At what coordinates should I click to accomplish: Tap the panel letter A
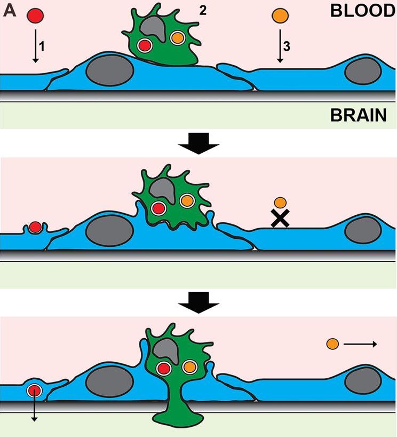point(9,11)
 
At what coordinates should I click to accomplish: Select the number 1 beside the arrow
point(43,46)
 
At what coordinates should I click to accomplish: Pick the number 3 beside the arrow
point(287,46)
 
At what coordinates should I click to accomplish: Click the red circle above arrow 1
point(35,15)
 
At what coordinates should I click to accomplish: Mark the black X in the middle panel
point(280,219)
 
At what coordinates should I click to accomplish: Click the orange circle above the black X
point(280,202)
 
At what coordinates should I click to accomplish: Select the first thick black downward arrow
point(198,143)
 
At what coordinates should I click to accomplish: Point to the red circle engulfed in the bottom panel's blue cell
point(35,391)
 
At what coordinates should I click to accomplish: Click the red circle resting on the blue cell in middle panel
point(35,227)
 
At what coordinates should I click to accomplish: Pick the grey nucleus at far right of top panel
point(362,72)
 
